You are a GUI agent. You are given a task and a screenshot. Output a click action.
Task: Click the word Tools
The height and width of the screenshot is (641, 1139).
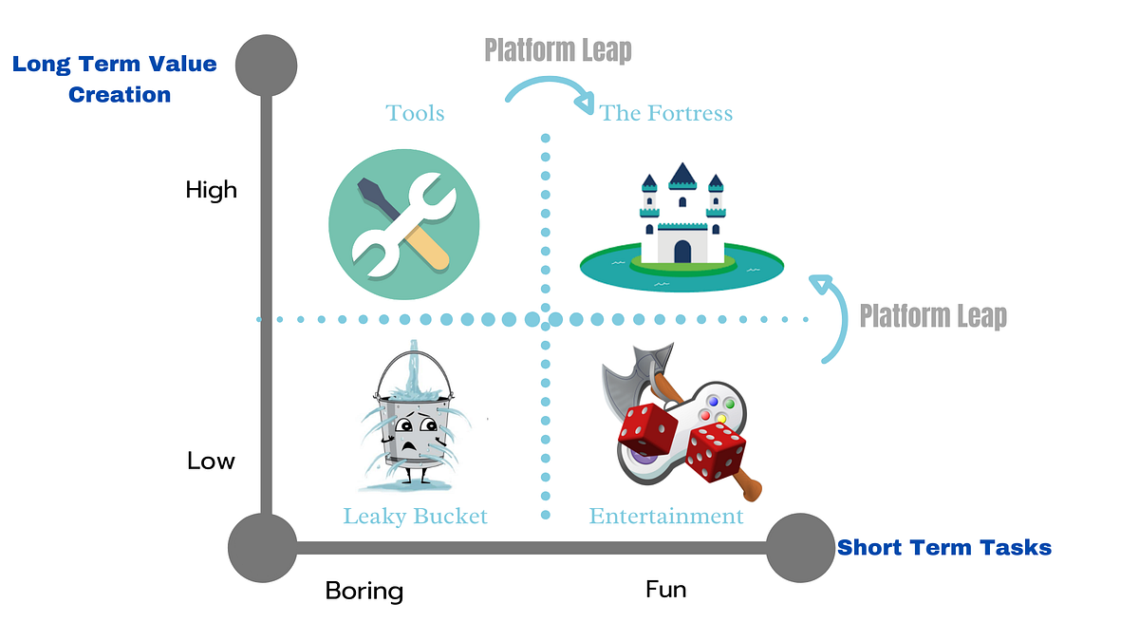click(415, 114)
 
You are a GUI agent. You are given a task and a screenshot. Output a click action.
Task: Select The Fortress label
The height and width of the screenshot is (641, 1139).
click(666, 114)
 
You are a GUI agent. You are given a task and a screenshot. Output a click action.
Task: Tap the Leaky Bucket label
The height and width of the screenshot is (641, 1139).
click(415, 517)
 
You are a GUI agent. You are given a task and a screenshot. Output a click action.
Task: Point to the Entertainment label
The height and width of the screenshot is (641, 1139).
click(666, 517)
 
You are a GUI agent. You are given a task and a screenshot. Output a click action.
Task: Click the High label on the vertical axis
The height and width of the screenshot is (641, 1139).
click(211, 190)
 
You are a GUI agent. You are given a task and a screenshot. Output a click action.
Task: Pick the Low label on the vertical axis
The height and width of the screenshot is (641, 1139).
click(211, 462)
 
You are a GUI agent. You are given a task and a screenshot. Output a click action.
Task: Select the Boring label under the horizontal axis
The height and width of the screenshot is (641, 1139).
click(364, 591)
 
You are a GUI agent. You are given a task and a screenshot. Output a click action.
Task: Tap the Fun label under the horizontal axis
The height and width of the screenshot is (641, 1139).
click(665, 590)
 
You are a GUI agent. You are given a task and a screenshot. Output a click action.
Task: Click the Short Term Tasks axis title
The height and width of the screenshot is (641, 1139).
click(943, 548)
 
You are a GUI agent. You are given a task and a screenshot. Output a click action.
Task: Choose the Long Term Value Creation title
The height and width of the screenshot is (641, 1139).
click(114, 80)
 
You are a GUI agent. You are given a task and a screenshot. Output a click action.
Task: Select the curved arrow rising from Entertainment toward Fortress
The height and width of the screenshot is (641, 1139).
click(830, 318)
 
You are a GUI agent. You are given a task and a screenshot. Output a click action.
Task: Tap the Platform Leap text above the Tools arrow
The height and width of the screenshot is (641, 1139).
click(558, 50)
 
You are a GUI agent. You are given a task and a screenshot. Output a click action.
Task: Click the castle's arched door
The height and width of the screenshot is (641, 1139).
click(682, 251)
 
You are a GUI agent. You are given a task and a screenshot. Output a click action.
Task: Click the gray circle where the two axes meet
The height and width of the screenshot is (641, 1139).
click(263, 547)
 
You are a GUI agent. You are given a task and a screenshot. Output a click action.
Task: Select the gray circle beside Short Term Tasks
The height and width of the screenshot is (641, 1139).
click(799, 547)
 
